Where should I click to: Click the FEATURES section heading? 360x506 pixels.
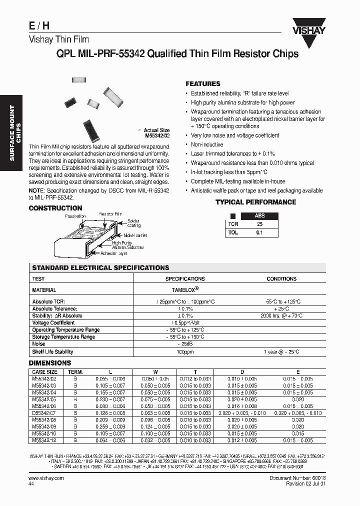point(202,84)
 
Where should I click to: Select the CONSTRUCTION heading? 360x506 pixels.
point(55,208)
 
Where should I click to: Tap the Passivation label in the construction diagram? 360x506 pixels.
point(75,216)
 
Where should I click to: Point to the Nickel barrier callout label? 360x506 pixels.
point(135,235)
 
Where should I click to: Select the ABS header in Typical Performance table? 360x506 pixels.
point(260,216)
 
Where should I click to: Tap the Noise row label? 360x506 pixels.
point(38,344)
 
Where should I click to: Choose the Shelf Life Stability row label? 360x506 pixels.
point(52,351)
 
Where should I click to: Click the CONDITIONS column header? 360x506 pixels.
point(281,279)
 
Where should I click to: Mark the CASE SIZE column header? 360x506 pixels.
point(45,372)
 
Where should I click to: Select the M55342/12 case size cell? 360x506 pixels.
point(45,440)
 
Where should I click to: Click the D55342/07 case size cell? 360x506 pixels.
point(45,412)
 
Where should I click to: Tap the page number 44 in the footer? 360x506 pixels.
point(31,484)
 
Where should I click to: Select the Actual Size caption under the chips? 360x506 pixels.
point(156,130)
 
